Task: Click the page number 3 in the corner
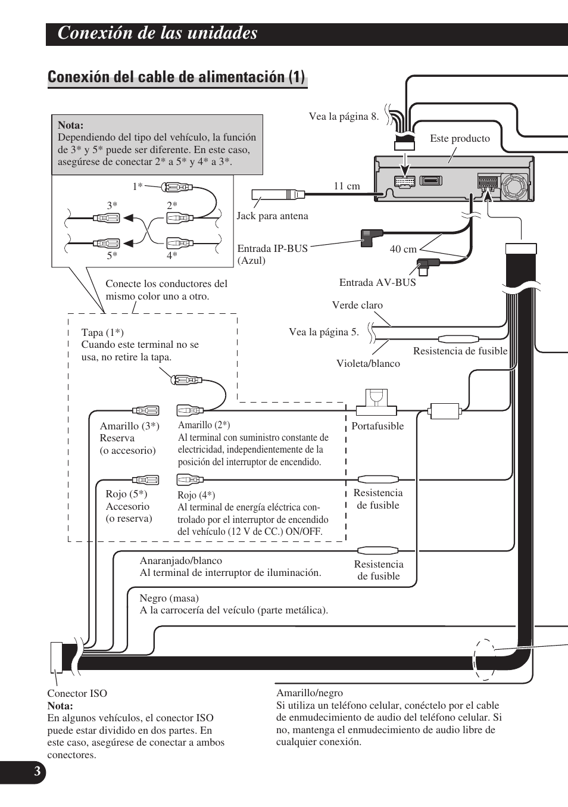37,772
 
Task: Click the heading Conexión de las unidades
158,33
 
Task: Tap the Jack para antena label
272,216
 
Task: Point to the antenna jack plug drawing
277,195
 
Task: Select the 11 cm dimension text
347,186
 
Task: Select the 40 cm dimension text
403,249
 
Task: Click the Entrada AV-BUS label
377,282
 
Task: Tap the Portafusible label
377,426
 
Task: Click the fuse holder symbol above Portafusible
376,402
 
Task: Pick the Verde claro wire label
357,305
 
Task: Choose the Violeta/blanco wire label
368,363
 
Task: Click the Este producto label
460,138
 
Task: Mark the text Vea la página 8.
344,116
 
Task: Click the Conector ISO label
77,693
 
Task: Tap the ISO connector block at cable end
56,657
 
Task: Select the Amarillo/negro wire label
310,693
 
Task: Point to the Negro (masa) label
169,598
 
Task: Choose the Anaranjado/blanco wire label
181,560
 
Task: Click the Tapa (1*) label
102,332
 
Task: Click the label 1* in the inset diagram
138,186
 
